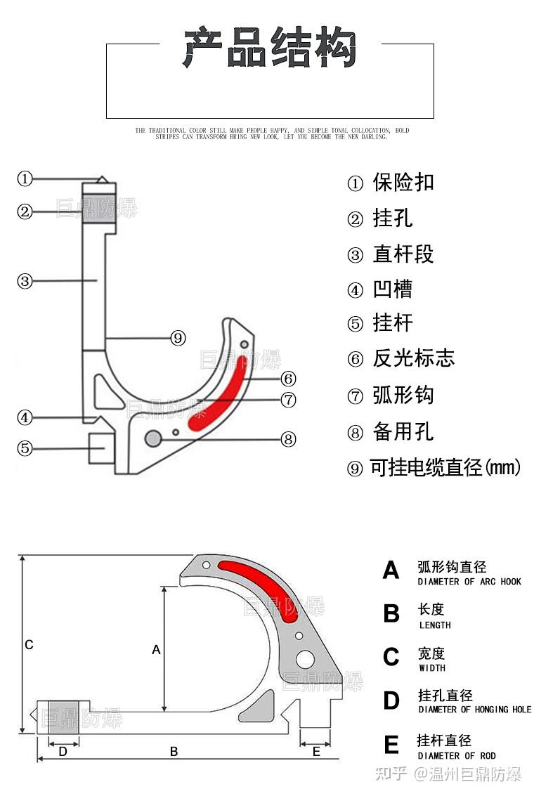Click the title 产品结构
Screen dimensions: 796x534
[x=270, y=47]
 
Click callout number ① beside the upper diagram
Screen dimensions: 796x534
[x=25, y=178]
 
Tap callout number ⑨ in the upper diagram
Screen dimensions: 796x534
[x=178, y=338]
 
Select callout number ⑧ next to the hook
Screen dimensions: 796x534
[x=288, y=439]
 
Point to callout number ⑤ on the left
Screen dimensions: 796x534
[x=25, y=447]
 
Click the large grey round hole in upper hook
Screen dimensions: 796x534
[x=152, y=438]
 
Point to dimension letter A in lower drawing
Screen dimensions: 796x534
[x=156, y=650]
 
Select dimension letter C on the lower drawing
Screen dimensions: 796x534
[x=29, y=644]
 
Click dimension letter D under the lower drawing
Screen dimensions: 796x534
[x=63, y=751]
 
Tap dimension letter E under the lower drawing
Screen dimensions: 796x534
[x=316, y=751]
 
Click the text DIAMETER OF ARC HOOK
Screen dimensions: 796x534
[x=469, y=582]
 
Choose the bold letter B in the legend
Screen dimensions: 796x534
[x=391, y=613]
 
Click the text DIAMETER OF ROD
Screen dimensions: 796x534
[x=457, y=756]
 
